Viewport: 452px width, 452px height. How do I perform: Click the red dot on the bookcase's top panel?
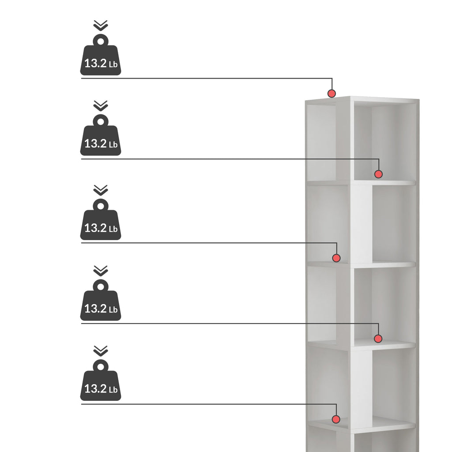click(332, 94)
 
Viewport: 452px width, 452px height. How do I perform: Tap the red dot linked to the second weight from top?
click(378, 174)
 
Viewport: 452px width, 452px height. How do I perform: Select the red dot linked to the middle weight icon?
click(336, 258)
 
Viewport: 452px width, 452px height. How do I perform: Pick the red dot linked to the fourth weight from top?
click(378, 339)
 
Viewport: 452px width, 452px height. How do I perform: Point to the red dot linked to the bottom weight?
click(336, 419)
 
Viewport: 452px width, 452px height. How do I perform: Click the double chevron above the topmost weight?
click(101, 25)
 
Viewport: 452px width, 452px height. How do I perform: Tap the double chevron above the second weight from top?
click(101, 106)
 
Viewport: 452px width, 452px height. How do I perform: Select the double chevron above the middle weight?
click(101, 190)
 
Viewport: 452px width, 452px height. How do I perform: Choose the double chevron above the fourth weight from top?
click(101, 271)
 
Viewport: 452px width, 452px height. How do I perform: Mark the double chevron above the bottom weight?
click(101, 351)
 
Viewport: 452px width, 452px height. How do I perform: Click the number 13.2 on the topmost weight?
click(96, 64)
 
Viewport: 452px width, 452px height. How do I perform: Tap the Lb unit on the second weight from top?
click(113, 144)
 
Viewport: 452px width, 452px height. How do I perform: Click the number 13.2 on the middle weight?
click(96, 228)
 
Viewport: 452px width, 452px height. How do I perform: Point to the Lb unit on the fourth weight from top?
click(113, 309)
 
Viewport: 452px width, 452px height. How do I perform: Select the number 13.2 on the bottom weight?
click(96, 389)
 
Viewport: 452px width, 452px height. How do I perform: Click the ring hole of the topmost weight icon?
click(101, 41)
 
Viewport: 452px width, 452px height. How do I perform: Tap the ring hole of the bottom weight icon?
click(101, 367)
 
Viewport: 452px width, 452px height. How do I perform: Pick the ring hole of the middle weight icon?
click(101, 206)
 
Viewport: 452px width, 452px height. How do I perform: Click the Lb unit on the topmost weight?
click(113, 64)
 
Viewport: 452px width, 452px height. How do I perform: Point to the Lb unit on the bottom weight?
click(113, 390)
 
